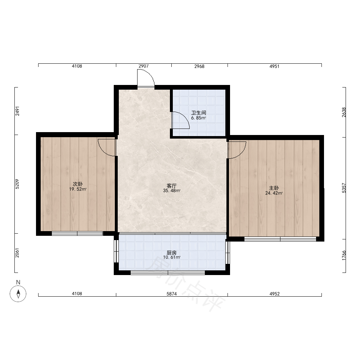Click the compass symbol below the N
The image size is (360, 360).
(18, 293)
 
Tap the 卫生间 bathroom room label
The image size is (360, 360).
(199, 113)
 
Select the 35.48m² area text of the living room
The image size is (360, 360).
(172, 190)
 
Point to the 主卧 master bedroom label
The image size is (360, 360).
(274, 188)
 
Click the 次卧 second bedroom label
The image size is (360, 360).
(78, 184)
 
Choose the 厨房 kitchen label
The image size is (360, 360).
(171, 253)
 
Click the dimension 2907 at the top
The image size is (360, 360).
(144, 66)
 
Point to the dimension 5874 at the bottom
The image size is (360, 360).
(171, 294)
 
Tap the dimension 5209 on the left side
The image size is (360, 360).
(17, 184)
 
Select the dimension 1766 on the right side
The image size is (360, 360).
(344, 255)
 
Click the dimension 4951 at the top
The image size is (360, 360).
(274, 66)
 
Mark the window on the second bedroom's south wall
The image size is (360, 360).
(77, 234)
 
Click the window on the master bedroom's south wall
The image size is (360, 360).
(280, 239)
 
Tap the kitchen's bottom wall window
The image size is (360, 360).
(168, 273)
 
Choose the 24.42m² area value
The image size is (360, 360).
(274, 193)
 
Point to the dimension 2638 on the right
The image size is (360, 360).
(344, 112)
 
